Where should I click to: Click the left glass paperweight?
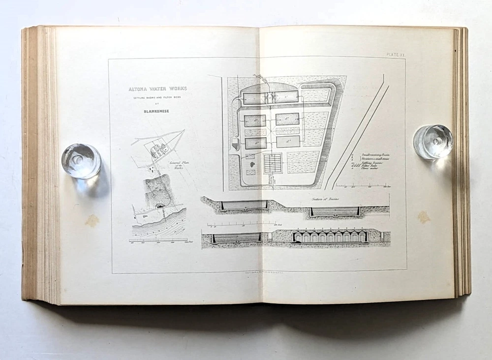coord(81,161)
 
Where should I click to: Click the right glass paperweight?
coord(432,142)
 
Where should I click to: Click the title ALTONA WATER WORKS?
coord(157,89)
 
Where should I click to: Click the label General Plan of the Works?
coord(176,167)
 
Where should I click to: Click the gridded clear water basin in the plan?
coord(273,163)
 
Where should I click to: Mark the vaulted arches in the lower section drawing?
coord(330,237)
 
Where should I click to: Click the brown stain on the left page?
coord(92,221)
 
